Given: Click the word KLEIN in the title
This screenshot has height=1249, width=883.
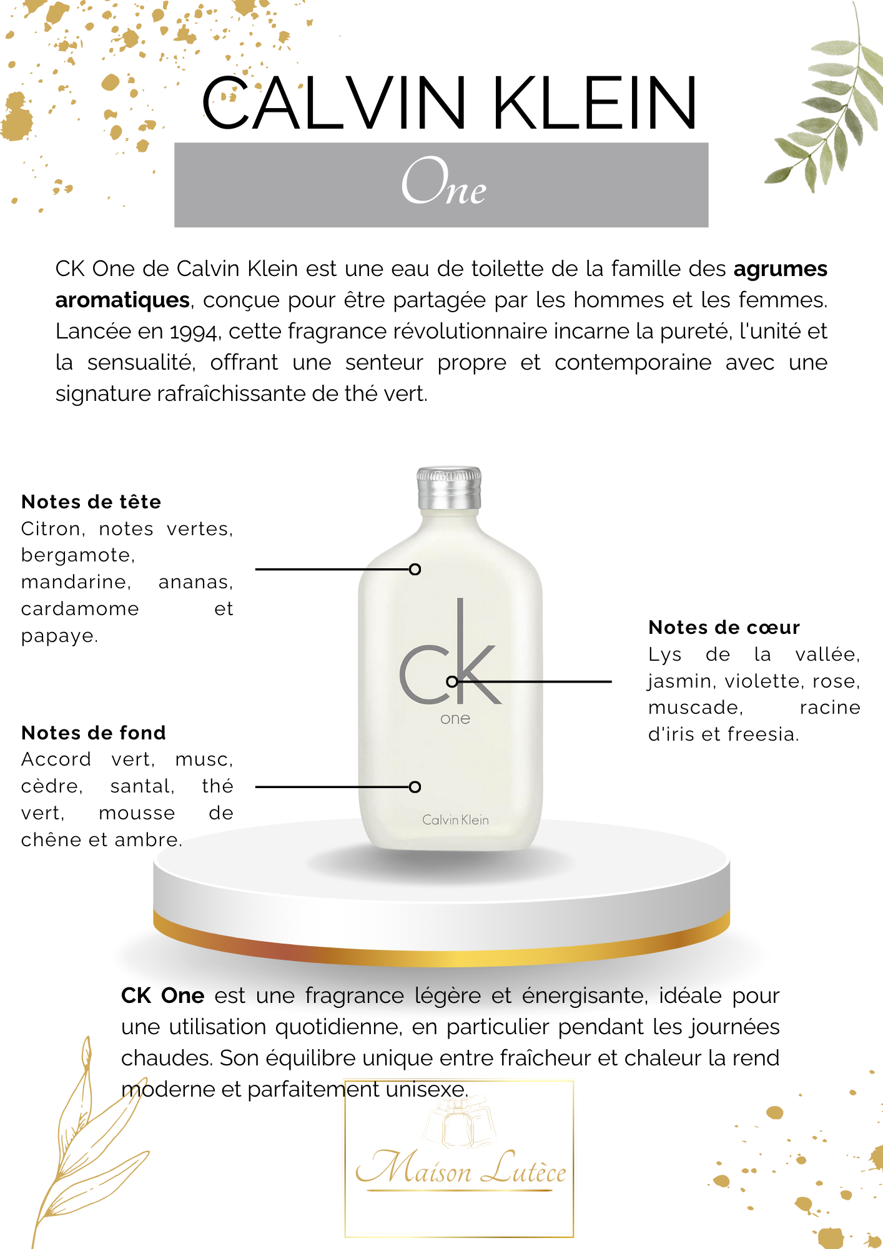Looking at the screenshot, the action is point(594,103).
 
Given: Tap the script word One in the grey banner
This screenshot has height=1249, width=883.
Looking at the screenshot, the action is point(443,182).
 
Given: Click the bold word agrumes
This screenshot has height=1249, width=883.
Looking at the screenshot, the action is point(780,269).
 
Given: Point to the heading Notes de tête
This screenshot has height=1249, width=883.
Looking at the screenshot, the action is point(91,501).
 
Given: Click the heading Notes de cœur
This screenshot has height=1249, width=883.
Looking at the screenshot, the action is point(724,627).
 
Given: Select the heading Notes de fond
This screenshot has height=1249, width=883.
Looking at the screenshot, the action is point(94,733).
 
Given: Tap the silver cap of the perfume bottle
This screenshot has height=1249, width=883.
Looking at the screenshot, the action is point(449,488).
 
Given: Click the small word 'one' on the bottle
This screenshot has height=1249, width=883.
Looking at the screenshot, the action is point(455,719).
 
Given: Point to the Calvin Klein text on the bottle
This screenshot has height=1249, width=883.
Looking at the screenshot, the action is point(455,820).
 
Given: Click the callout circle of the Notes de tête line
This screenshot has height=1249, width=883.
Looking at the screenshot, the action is point(415,570).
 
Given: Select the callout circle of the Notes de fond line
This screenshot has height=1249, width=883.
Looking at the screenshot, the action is point(415,787).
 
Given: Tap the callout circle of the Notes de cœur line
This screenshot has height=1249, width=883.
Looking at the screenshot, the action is point(453,681).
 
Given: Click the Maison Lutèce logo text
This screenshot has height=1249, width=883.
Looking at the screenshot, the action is point(461,1168).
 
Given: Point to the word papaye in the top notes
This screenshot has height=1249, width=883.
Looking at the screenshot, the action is point(59,636).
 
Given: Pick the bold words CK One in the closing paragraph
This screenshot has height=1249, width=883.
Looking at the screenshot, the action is point(163,995).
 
